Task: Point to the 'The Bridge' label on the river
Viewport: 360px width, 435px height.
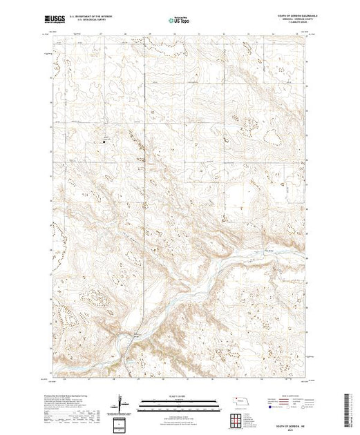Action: pyautogui.click(x=271, y=251)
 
